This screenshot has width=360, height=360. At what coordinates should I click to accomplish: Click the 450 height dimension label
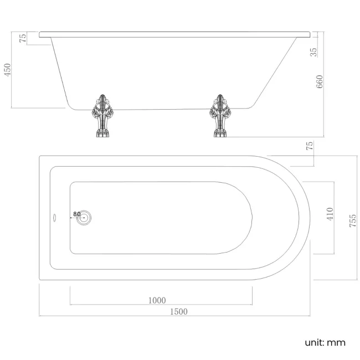coord(8,69)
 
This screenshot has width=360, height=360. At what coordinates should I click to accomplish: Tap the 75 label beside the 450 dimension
coord(23,38)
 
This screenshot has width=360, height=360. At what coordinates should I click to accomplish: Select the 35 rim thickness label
coord(313,52)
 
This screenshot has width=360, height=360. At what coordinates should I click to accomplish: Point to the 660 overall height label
coord(319,82)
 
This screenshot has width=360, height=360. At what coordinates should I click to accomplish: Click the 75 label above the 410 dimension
coord(310,146)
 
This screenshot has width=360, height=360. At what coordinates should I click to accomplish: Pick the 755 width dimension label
coord(353,220)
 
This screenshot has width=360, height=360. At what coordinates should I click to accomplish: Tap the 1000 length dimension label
coord(157,300)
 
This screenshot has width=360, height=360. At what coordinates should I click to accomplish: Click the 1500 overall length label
coord(178,311)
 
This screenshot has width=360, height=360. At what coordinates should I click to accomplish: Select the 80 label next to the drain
coord(76,214)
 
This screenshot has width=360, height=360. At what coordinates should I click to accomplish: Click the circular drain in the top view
coord(84,218)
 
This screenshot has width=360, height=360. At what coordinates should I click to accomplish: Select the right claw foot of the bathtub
coord(219,116)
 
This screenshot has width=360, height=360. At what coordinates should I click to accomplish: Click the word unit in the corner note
coord(315,342)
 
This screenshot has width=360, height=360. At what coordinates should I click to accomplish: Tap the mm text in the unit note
coord(337,342)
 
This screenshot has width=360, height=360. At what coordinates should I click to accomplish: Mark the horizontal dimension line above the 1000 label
coord(161,305)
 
